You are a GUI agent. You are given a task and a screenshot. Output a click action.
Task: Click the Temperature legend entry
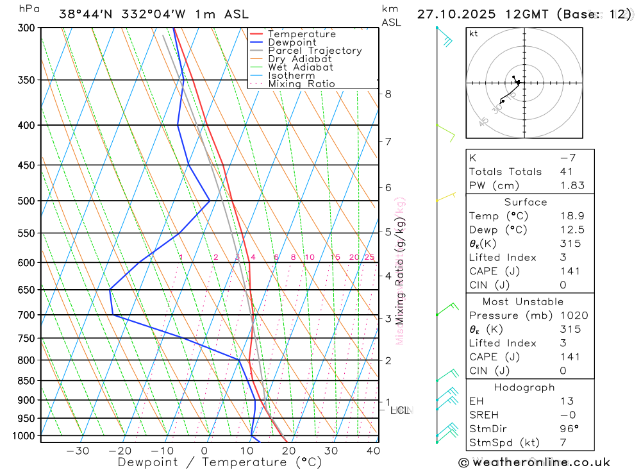click(x=301, y=34)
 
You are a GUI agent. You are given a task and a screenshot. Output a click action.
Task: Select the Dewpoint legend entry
click(x=292, y=42)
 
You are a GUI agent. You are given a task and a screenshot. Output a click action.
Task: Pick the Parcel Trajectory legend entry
click(x=315, y=51)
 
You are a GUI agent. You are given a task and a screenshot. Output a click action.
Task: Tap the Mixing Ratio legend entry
click(x=301, y=84)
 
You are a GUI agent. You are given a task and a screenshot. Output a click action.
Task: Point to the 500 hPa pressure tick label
click(x=26, y=201)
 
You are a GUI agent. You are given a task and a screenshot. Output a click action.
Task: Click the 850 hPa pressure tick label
click(x=26, y=381)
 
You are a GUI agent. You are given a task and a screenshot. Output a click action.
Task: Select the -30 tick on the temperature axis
click(x=78, y=451)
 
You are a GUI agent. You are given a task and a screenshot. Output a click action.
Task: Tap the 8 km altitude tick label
click(x=388, y=94)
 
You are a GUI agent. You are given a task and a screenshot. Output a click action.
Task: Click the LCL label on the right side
click(x=400, y=410)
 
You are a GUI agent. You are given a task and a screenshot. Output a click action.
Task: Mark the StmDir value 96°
click(x=569, y=429)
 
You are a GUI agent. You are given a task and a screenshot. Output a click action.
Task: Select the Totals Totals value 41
click(x=567, y=171)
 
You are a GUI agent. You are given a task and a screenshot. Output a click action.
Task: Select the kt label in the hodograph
click(x=473, y=33)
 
